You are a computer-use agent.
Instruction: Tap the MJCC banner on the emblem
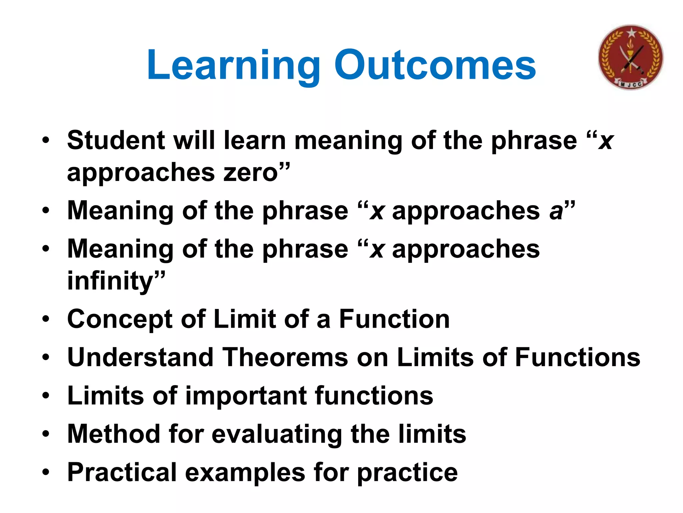pos(631,84)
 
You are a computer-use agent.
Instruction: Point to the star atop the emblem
pos(631,33)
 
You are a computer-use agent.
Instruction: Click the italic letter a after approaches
pos(556,211)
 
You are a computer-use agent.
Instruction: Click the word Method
pos(113,434)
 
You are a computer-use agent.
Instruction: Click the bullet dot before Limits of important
pos(46,396)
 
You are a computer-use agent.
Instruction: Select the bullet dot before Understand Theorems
pos(46,358)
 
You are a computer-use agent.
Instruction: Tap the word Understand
pos(140,358)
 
